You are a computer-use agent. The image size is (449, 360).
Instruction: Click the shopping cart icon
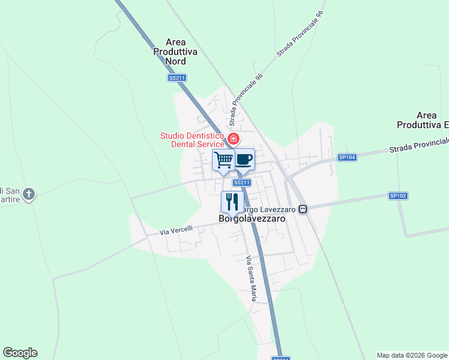click(x=223, y=160)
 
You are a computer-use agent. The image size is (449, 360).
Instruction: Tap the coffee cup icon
click(x=243, y=160)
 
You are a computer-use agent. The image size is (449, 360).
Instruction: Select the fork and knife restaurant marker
click(x=232, y=202)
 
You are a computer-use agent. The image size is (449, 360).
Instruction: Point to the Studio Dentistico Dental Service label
click(x=192, y=140)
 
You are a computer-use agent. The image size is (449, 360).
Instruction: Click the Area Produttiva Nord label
click(x=175, y=52)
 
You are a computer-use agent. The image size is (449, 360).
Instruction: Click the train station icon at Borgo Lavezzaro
click(x=303, y=209)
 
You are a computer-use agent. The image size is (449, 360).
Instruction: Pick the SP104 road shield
click(x=347, y=157)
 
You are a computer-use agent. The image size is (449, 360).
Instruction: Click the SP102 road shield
click(x=398, y=196)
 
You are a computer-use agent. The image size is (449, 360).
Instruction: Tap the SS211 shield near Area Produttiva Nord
click(x=177, y=78)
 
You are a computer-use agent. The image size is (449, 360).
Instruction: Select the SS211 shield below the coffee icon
click(x=241, y=182)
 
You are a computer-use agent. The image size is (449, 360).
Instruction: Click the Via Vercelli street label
click(x=176, y=229)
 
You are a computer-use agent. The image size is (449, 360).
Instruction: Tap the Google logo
click(x=20, y=353)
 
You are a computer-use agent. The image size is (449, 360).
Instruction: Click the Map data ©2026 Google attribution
click(x=412, y=355)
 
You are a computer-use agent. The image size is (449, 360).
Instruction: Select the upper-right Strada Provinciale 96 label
click(x=300, y=34)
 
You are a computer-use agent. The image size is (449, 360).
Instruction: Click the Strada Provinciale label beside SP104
click(x=418, y=145)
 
